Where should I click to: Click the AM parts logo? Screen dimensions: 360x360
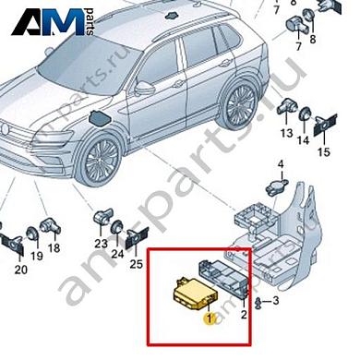[x=52, y=20]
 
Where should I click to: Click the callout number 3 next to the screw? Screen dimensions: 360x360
[x=276, y=302]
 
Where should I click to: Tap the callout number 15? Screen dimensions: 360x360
[x=323, y=151]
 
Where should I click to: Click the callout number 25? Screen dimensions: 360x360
[x=137, y=264]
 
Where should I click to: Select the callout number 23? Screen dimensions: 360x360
[x=99, y=245]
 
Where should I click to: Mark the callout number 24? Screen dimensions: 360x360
[x=117, y=254]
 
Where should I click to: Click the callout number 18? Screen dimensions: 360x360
[x=54, y=248]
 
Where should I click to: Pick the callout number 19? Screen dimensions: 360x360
[x=36, y=256]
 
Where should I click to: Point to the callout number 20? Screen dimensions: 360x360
[x=19, y=270]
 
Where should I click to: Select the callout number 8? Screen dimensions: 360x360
[x=311, y=41]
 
